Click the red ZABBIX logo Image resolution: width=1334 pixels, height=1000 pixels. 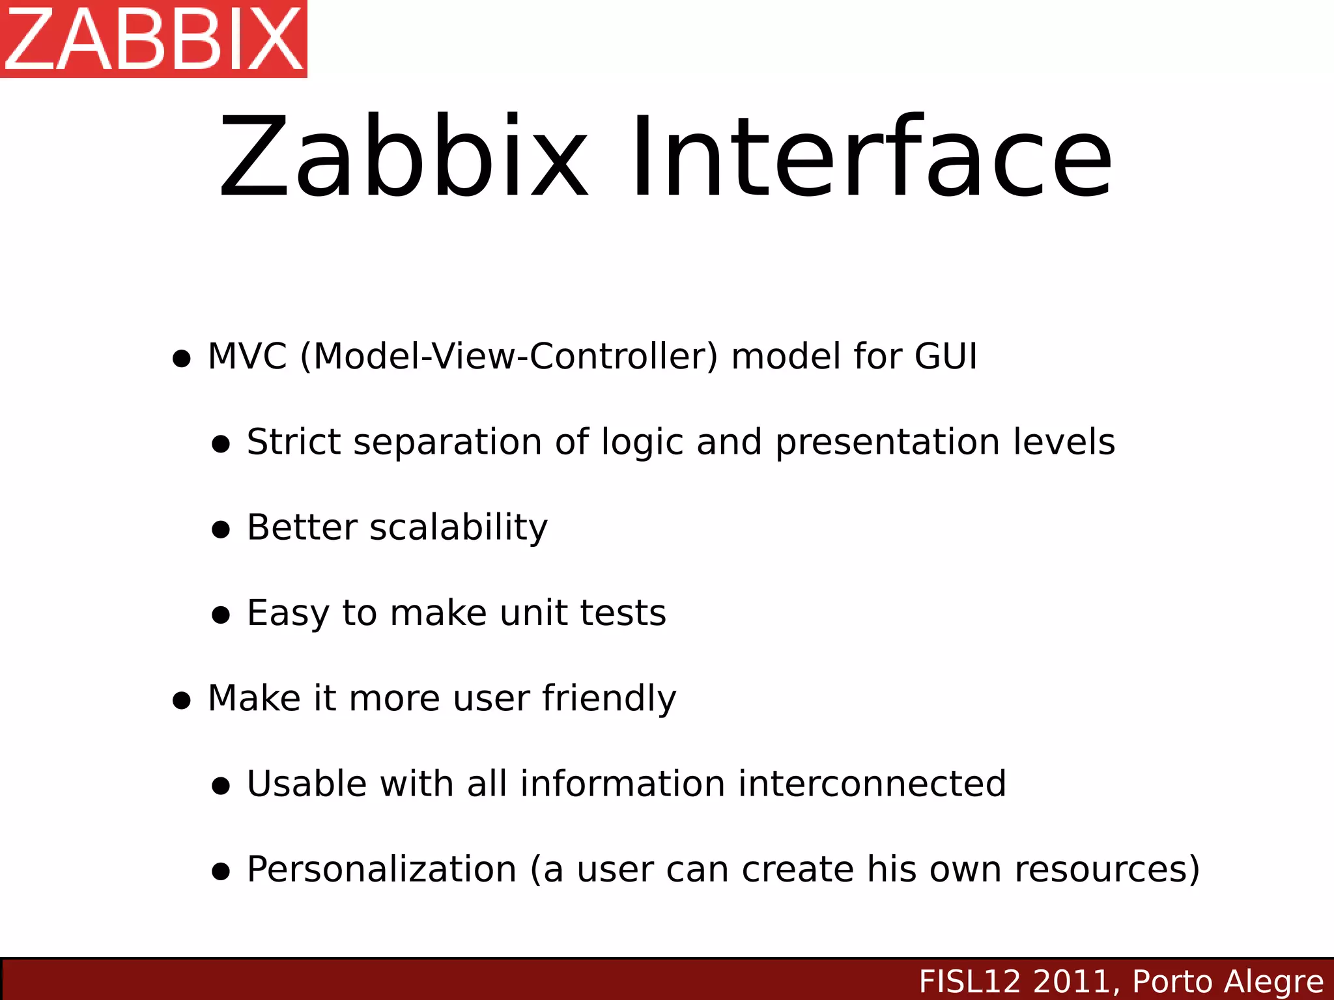(154, 39)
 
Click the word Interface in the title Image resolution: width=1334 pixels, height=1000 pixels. (871, 158)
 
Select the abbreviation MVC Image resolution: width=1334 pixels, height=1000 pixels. (247, 357)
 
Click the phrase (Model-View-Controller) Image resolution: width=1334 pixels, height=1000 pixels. (509, 357)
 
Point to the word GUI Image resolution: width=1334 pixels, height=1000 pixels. (946, 357)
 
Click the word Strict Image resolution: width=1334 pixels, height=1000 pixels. (294, 442)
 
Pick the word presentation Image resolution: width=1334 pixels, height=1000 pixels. (888, 442)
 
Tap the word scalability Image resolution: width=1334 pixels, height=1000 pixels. (459, 527)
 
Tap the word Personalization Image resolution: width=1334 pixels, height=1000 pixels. (382, 870)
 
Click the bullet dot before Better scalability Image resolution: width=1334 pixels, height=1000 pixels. (221, 529)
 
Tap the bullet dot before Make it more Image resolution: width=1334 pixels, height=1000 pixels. (182, 701)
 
